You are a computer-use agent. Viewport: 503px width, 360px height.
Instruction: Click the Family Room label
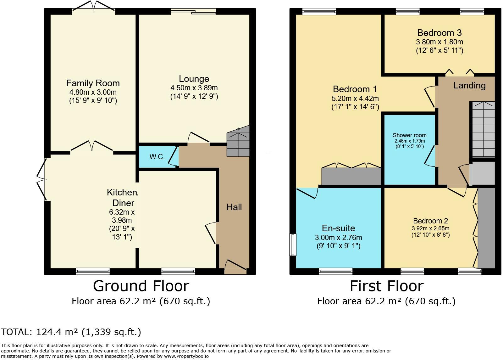click(x=93, y=83)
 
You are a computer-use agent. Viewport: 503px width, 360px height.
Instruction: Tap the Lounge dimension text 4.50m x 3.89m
click(x=194, y=88)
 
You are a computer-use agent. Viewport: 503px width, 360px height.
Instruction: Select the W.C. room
click(x=158, y=157)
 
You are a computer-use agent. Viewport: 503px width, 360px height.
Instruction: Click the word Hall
click(x=234, y=207)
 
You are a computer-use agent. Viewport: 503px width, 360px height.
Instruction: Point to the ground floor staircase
click(x=238, y=141)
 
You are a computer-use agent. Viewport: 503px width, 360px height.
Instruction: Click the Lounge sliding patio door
click(x=193, y=11)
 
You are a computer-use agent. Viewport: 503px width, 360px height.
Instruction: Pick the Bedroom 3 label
click(x=439, y=33)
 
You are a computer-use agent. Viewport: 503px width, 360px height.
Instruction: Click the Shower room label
click(x=410, y=135)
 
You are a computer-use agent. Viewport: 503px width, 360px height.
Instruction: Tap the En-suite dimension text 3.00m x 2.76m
click(x=338, y=238)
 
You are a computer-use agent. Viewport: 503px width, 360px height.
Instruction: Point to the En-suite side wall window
click(x=293, y=245)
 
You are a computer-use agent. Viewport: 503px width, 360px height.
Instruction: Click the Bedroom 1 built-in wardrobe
click(x=351, y=176)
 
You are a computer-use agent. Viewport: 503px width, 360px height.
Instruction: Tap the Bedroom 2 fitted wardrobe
click(x=486, y=228)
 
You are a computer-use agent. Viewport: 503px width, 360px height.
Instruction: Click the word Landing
click(x=469, y=85)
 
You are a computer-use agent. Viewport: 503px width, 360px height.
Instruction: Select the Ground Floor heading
click(x=141, y=286)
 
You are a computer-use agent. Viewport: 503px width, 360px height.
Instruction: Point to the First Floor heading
click(x=387, y=286)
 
